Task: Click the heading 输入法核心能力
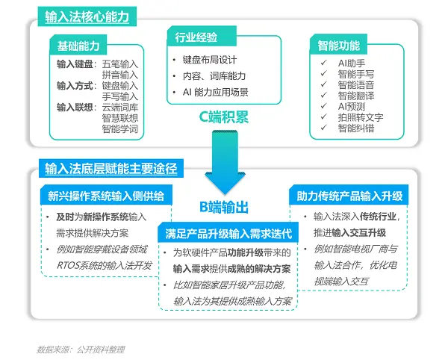pyautogui.click(x=87, y=17)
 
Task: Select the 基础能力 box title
pyautogui.click(x=78, y=46)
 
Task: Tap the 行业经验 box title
pyautogui.click(x=196, y=37)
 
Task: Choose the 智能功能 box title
pyautogui.click(x=339, y=46)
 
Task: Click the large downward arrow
pyautogui.click(x=225, y=162)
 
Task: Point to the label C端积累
pyautogui.click(x=224, y=117)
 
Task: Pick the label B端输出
pyautogui.click(x=224, y=207)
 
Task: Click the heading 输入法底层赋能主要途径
pyautogui.click(x=111, y=169)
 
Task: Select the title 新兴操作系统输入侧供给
pyautogui.click(x=106, y=196)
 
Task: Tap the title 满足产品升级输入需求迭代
pyautogui.click(x=228, y=234)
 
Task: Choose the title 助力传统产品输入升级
pyautogui.click(x=349, y=196)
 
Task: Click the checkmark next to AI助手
pyautogui.click(x=324, y=63)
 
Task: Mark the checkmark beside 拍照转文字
pyautogui.click(x=324, y=117)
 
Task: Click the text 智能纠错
pyautogui.click(x=356, y=128)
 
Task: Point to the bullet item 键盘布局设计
pyautogui.click(x=210, y=60)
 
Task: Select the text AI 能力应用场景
pyautogui.click(x=216, y=93)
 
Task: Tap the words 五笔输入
pyautogui.click(x=120, y=64)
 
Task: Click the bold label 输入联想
pyautogui.click(x=75, y=108)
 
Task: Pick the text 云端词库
pyautogui.click(x=120, y=108)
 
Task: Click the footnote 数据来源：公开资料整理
pyautogui.click(x=81, y=350)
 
